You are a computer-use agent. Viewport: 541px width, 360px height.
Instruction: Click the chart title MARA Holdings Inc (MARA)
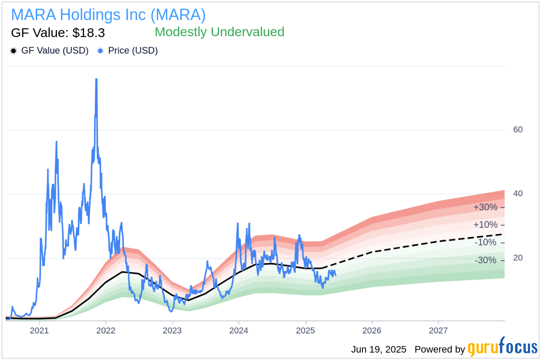click(108, 15)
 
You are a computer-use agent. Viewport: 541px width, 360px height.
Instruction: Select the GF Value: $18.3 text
click(58, 33)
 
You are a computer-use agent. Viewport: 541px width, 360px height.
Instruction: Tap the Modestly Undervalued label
click(219, 32)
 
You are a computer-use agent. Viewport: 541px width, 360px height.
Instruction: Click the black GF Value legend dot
click(14, 51)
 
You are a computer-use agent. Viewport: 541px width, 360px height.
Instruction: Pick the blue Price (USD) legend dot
click(101, 51)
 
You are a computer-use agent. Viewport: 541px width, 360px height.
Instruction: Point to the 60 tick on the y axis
click(518, 129)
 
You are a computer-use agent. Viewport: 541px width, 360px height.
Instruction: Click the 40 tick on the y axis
click(518, 194)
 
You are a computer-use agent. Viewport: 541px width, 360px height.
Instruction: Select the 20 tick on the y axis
click(518, 258)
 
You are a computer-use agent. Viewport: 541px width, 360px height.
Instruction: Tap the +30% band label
click(485, 207)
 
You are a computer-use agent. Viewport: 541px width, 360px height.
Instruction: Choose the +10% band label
click(485, 225)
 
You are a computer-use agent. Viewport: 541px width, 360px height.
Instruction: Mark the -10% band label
click(485, 242)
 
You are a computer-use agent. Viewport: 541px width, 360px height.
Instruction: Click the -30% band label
click(485, 260)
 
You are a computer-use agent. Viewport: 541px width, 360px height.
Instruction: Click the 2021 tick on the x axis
click(39, 330)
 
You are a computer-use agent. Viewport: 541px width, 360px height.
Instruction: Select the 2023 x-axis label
click(172, 330)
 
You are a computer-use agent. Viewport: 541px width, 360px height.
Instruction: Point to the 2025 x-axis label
click(305, 330)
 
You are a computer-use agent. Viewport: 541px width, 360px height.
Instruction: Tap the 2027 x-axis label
click(438, 330)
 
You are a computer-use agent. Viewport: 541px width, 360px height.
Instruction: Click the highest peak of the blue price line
click(96, 79)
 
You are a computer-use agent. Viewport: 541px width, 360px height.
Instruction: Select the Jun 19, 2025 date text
click(379, 350)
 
